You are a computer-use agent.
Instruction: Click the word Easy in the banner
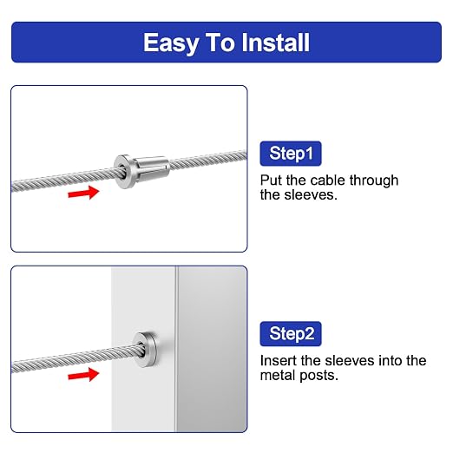tap(171, 43)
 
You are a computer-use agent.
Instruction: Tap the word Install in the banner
tap(275, 43)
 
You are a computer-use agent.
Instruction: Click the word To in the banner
tap(220, 43)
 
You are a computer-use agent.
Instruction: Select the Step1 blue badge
tap(291, 154)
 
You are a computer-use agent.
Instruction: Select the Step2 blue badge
tap(291, 333)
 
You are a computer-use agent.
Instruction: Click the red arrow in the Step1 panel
tap(83, 193)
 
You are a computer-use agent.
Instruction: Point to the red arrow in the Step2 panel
tap(83, 375)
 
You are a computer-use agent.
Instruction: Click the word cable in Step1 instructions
tap(327, 181)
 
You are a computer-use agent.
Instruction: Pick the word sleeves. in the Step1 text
tap(311, 194)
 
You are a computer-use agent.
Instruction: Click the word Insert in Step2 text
tap(278, 361)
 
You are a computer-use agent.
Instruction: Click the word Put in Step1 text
tap(271, 181)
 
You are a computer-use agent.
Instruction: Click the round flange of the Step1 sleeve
tap(123, 172)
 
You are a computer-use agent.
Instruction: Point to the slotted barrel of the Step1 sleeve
tap(152, 169)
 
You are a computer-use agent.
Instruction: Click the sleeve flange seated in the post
tap(146, 349)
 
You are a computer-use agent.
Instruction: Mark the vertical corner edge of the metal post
tap(176, 349)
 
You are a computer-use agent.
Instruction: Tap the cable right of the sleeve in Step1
tap(208, 160)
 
